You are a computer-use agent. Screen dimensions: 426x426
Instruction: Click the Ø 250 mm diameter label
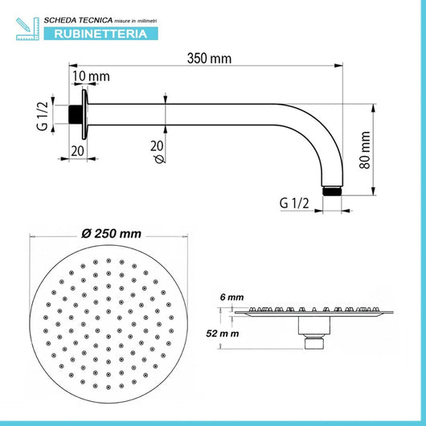click(x=111, y=234)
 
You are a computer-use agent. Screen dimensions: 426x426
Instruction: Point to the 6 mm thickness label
click(x=232, y=297)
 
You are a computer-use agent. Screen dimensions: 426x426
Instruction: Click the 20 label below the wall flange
click(x=77, y=150)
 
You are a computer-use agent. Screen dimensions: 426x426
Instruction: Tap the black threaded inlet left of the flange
click(x=76, y=114)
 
